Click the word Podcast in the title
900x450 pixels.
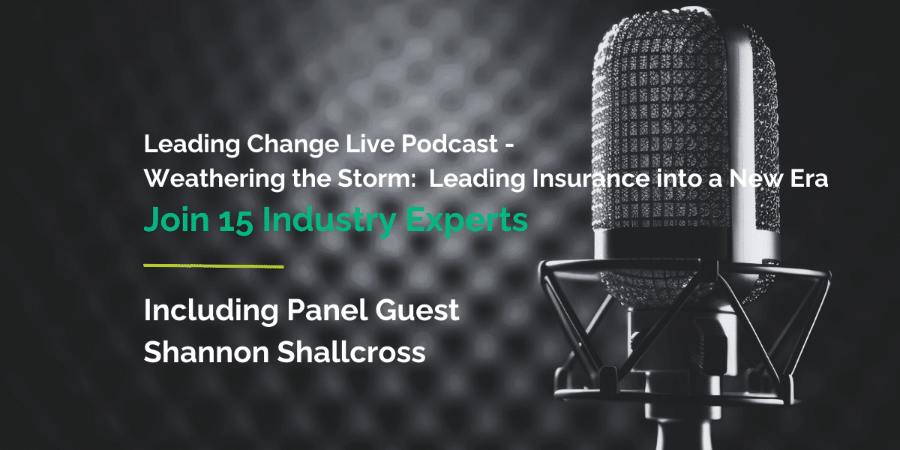click(x=436, y=144)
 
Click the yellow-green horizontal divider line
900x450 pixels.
click(x=213, y=265)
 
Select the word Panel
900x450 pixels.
click(x=313, y=310)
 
